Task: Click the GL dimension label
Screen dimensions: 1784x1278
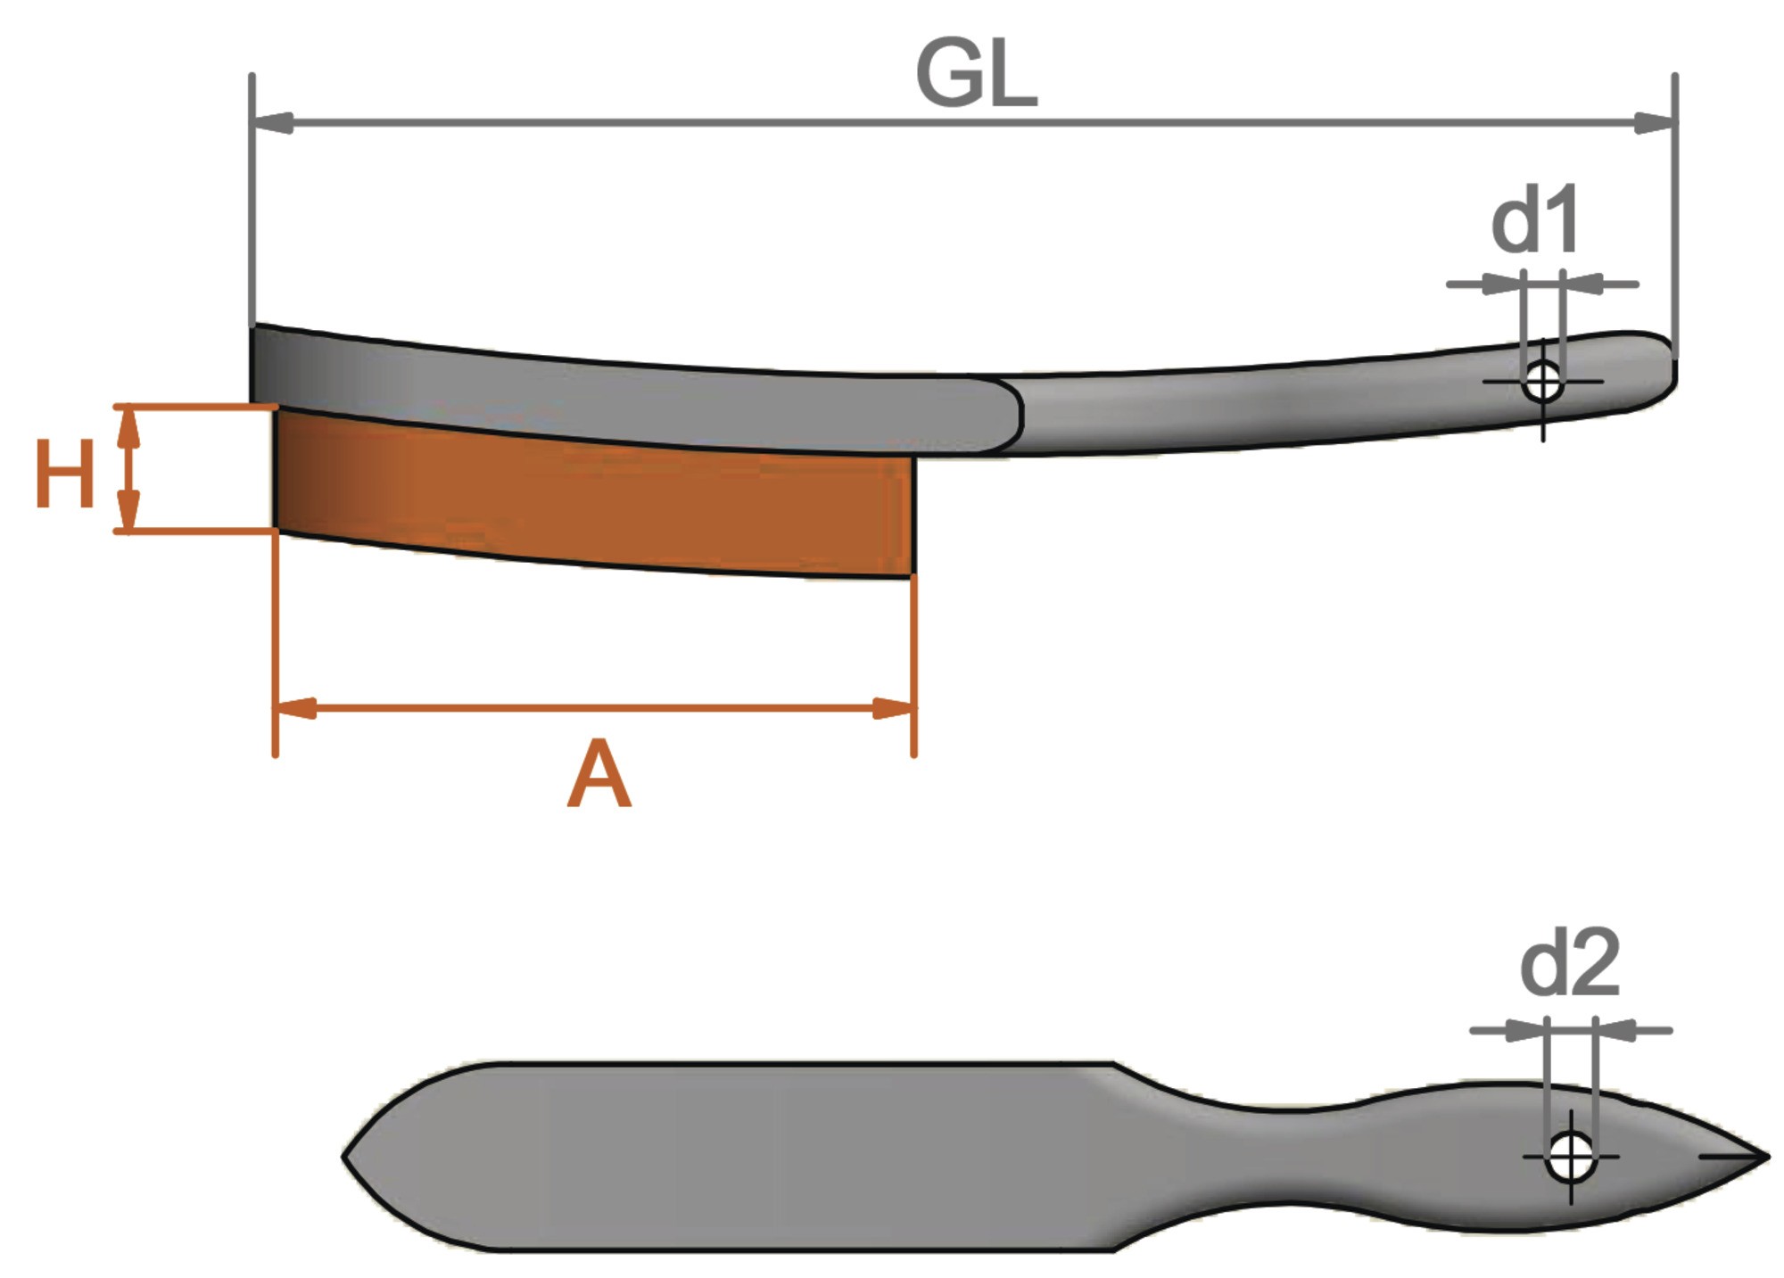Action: coord(976,76)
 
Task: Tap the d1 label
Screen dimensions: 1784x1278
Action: coord(1535,218)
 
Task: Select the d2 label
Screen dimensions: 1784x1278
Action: coord(1570,963)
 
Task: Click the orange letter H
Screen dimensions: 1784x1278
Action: coord(64,474)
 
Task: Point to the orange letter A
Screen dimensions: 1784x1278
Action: coord(599,774)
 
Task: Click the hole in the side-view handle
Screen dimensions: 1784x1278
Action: coord(1542,383)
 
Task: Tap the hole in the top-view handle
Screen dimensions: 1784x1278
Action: coord(1571,1156)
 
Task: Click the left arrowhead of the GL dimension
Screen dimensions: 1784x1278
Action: coord(274,123)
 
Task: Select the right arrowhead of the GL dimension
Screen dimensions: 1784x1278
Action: coord(1654,123)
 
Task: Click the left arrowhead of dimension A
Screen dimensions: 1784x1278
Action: coord(295,709)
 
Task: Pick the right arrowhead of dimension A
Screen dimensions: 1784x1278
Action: coord(893,709)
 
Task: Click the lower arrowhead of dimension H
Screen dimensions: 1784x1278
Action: coord(129,511)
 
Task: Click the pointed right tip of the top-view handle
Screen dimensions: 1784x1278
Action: coord(1767,1157)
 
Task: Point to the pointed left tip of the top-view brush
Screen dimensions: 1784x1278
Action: coord(345,1157)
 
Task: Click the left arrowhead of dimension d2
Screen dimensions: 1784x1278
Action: coord(1524,1031)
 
